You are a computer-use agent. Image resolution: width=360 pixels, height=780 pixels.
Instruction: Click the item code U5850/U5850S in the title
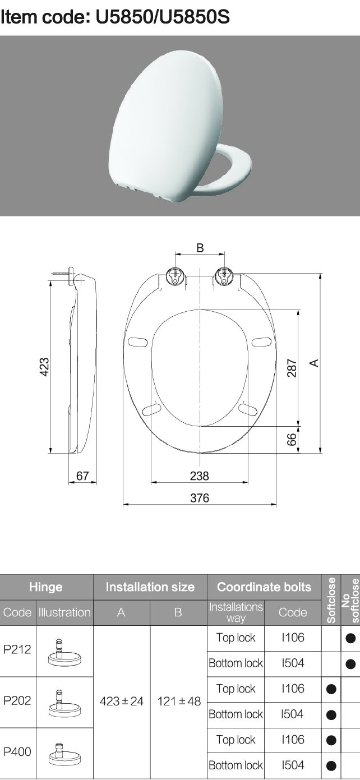[163, 17]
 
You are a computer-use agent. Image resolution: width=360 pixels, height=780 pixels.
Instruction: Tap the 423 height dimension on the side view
[44, 367]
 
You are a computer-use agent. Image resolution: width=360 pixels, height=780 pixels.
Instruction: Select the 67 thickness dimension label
[82, 476]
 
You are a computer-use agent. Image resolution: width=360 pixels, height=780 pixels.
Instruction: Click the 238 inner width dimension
[200, 476]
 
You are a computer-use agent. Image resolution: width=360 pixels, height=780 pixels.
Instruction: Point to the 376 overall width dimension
[200, 498]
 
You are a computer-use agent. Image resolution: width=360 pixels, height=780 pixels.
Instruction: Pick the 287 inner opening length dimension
[292, 368]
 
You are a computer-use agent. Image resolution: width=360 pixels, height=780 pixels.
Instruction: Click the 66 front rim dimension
[292, 440]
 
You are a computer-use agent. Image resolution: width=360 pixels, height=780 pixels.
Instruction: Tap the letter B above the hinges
[200, 248]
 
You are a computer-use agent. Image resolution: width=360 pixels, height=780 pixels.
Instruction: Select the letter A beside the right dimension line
[315, 363]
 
